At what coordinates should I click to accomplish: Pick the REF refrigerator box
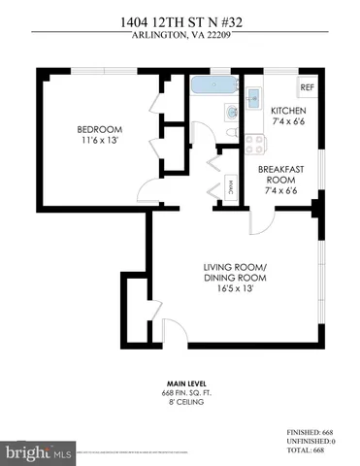click(x=308, y=87)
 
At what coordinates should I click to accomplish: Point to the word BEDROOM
click(x=99, y=129)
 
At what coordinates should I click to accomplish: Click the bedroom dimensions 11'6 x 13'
click(x=99, y=143)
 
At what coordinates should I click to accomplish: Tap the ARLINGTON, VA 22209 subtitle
click(x=180, y=38)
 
